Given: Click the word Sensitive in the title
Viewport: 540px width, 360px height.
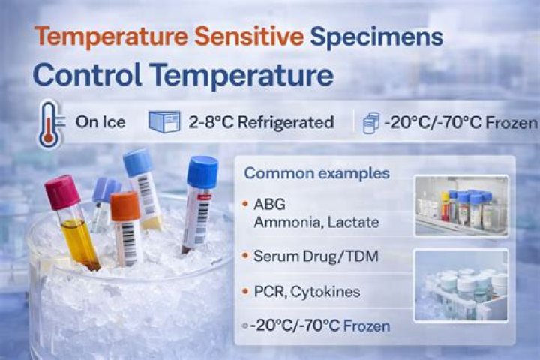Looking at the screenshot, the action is click(249, 37).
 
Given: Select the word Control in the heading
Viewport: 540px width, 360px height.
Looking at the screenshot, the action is click(87, 75).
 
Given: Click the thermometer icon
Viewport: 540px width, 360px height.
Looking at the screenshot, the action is click(51, 124).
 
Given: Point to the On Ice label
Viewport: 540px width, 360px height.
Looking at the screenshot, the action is click(100, 122).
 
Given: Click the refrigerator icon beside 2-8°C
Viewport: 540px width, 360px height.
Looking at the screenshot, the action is click(164, 121).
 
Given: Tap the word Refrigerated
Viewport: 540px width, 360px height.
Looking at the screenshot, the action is click(286, 122).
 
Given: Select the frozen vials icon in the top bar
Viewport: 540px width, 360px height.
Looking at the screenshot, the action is click(371, 123).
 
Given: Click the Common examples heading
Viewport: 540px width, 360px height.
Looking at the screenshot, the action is click(316, 173).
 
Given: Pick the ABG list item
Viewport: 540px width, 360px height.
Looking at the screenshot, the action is click(270, 205).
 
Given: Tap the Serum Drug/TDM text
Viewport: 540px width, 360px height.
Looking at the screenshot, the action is click(316, 256).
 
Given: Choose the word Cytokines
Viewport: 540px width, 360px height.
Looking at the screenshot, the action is click(325, 292).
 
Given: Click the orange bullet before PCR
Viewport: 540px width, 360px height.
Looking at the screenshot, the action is click(245, 292).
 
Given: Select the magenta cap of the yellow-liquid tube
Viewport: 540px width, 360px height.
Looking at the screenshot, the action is click(62, 192).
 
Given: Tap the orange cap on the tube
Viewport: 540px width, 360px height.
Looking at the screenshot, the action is click(125, 206).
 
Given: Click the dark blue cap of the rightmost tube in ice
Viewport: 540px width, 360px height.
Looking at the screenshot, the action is click(202, 172).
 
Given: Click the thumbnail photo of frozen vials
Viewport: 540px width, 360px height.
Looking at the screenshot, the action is click(460, 285).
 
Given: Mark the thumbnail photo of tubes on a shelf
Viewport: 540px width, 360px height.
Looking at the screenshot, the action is click(461, 206).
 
